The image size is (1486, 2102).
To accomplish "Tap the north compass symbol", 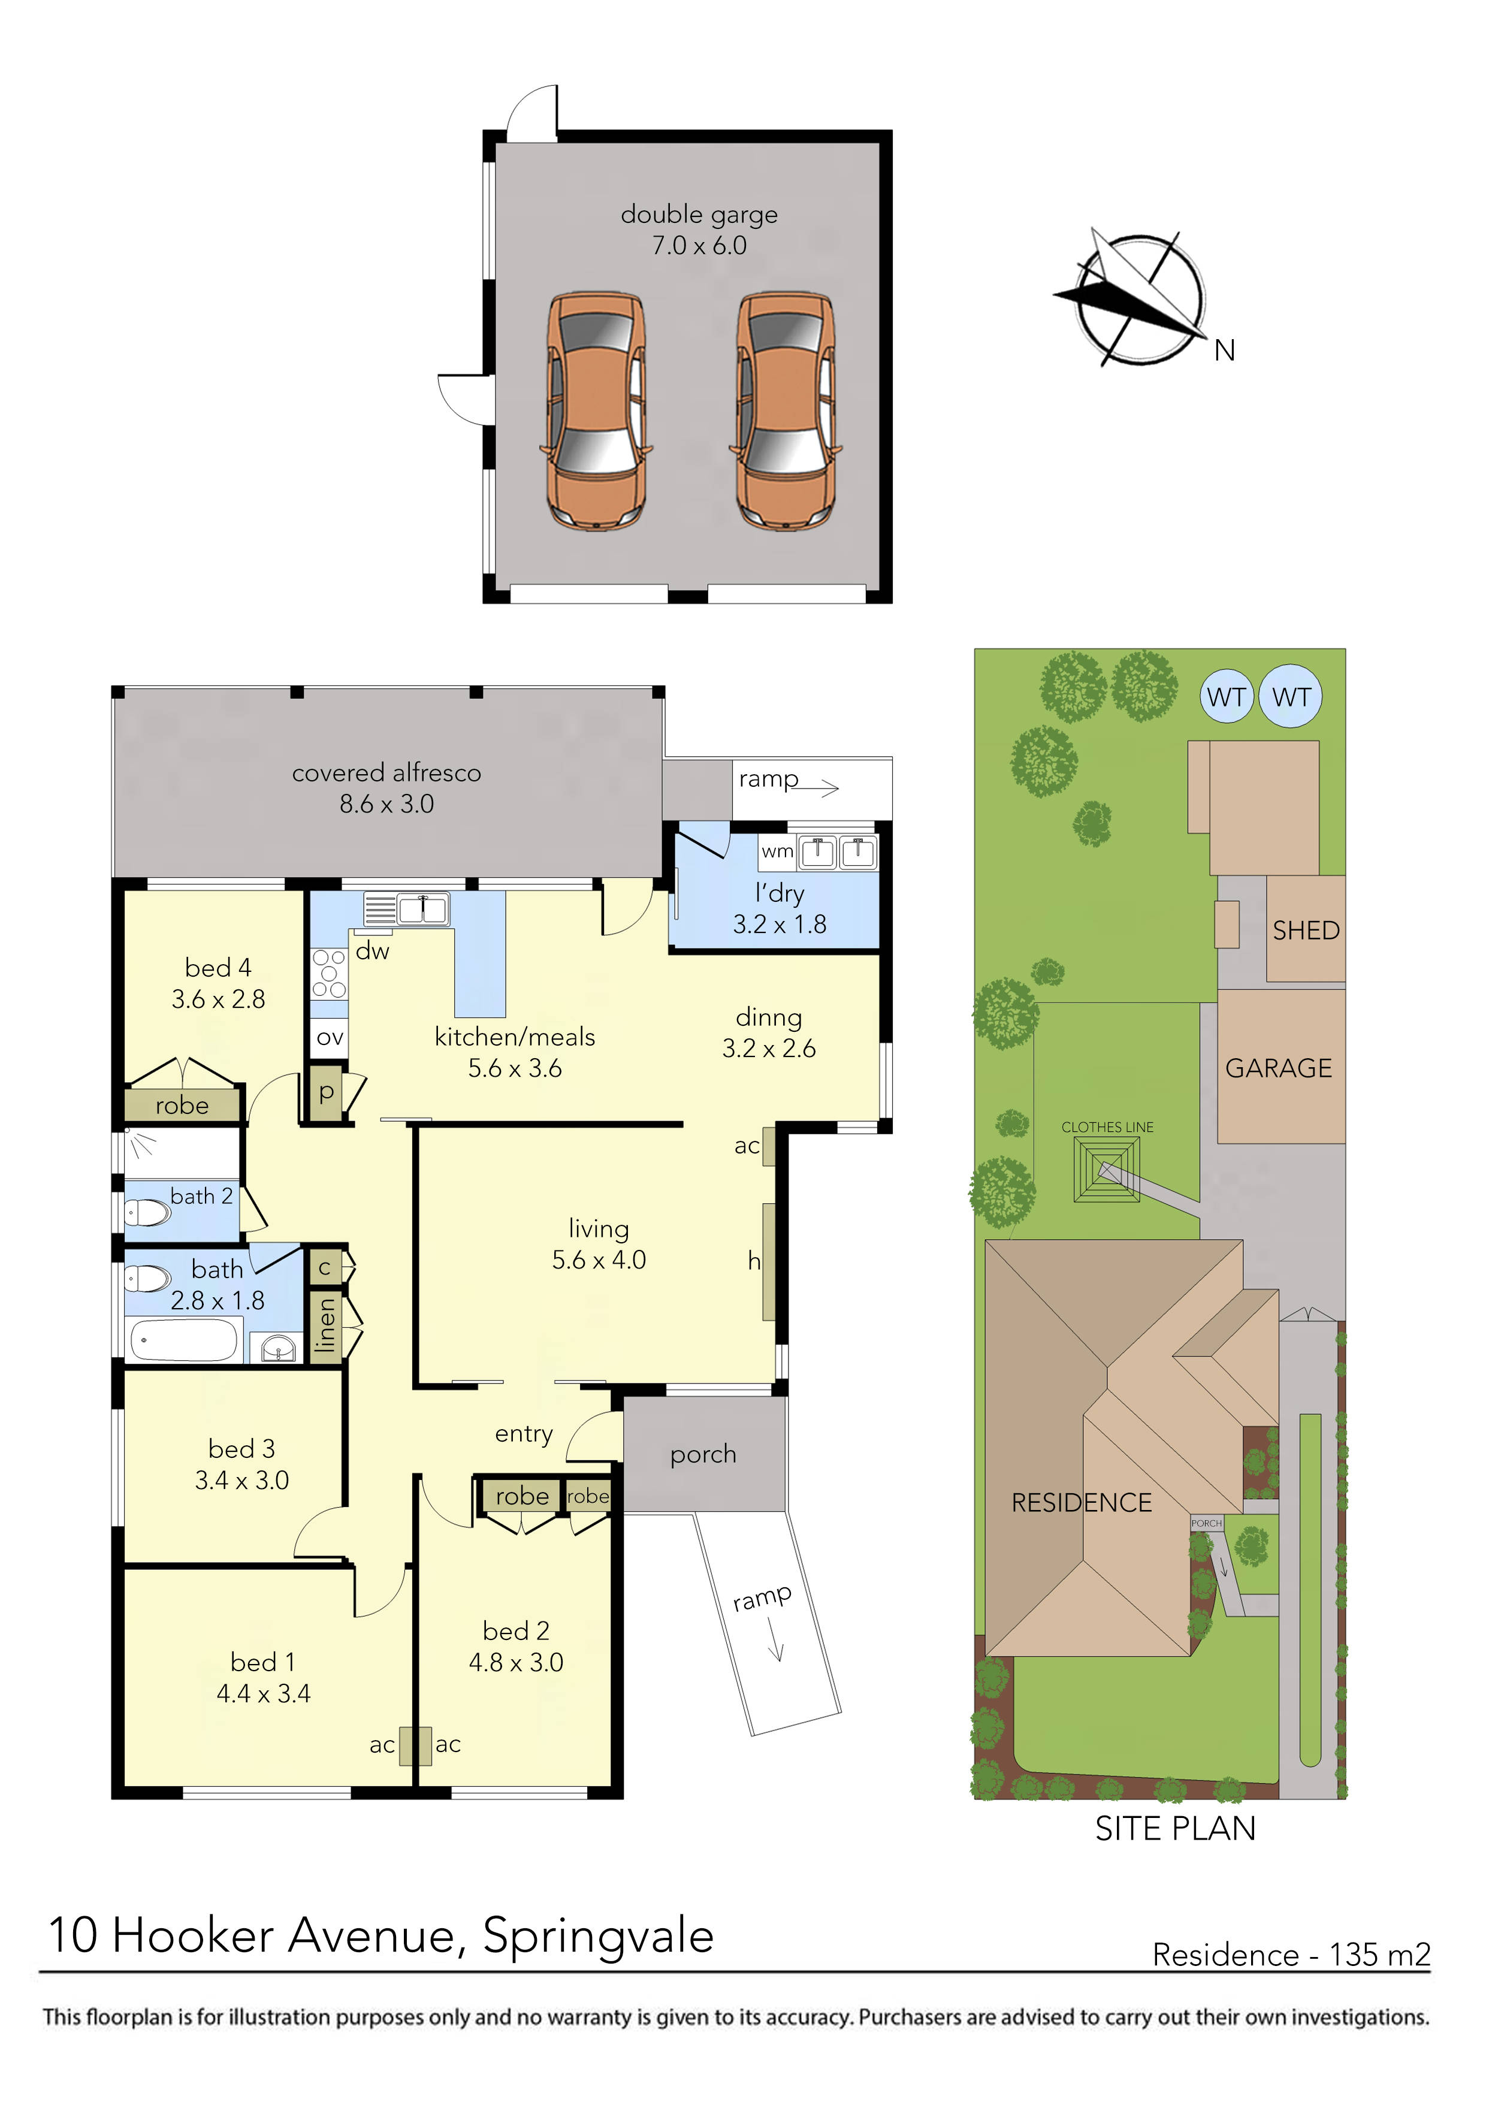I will [x=1140, y=300].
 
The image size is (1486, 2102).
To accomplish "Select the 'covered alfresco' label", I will [x=386, y=774].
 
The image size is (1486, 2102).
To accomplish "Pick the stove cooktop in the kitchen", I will [x=329, y=973].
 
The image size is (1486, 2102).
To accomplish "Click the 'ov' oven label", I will [x=329, y=1038].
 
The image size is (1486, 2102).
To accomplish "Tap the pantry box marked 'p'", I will [x=326, y=1092].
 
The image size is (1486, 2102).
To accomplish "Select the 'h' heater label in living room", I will [x=754, y=1261].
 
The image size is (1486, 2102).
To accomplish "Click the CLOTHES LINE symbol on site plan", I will [x=1106, y=1170].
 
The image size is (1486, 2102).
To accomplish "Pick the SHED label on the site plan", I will [x=1306, y=930].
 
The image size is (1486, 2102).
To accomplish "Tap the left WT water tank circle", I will [x=1226, y=697].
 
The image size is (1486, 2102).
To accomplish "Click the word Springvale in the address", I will [x=598, y=1936].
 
